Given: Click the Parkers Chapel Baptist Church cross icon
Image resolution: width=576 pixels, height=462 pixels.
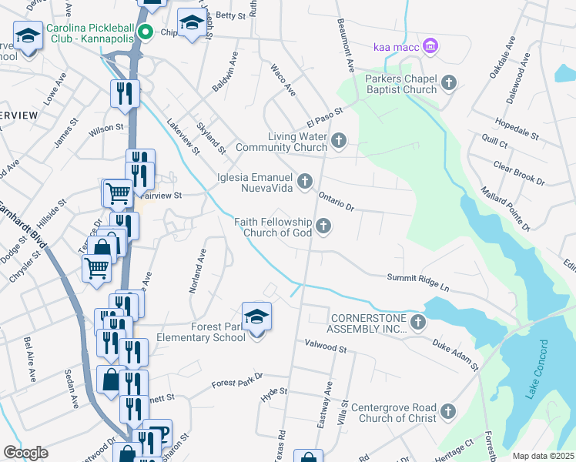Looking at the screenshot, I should point(450,83).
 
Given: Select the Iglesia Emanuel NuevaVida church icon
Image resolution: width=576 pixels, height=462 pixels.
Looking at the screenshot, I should point(306,182).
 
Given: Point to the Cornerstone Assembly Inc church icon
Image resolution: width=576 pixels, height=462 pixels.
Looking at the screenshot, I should point(417,322).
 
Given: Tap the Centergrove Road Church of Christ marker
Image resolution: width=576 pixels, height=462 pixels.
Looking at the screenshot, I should point(449,412).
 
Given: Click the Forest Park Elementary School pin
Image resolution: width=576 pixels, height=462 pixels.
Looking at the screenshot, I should point(256,317).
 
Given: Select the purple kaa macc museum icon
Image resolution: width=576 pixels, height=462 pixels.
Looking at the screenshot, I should point(430,48).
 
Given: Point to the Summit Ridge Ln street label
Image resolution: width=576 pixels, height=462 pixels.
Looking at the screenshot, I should point(417,281).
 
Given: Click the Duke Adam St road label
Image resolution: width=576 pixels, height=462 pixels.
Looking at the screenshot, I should point(455,354).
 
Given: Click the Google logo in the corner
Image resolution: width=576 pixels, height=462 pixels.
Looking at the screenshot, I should point(25,453).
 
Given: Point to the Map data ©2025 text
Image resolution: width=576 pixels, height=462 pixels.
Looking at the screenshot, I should point(543,456).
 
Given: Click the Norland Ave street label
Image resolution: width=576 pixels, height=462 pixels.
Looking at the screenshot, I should point(199,270).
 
